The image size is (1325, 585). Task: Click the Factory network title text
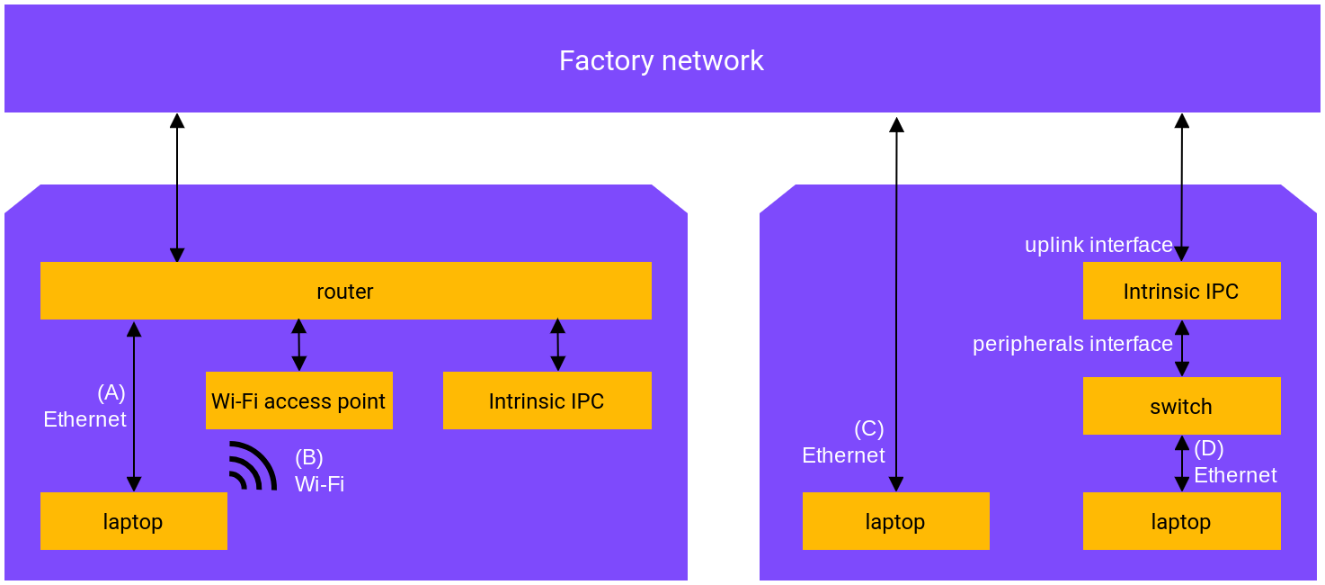click(661, 61)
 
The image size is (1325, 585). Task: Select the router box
click(345, 291)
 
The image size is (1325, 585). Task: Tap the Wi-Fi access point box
click(298, 400)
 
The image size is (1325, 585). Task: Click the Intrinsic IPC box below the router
click(547, 400)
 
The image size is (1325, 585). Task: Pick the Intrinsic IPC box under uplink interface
click(1181, 291)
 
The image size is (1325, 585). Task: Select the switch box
click(1181, 406)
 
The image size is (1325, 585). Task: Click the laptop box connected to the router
click(133, 521)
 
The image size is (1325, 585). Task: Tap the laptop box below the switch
click(1181, 521)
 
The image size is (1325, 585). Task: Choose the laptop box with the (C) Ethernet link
click(895, 521)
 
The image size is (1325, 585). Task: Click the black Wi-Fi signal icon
click(252, 466)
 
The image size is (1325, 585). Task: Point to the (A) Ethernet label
click(86, 406)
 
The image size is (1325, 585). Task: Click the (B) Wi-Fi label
click(319, 471)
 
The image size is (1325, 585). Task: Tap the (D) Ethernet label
click(1234, 462)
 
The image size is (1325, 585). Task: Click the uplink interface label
click(1098, 245)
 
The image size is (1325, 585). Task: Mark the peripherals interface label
click(1072, 344)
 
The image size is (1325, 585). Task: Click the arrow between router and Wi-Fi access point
click(299, 345)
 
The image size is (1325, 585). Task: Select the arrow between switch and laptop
click(1182, 463)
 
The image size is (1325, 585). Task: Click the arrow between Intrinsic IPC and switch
click(1182, 347)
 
